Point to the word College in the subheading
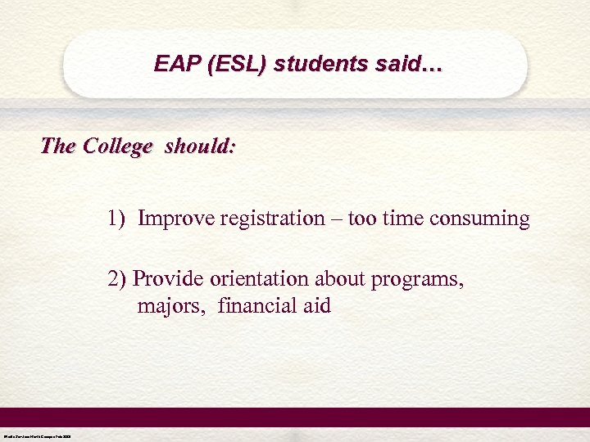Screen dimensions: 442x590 coord(118,147)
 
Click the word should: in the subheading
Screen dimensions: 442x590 coord(200,147)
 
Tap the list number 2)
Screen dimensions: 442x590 coord(117,279)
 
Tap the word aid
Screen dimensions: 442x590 coord(315,306)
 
